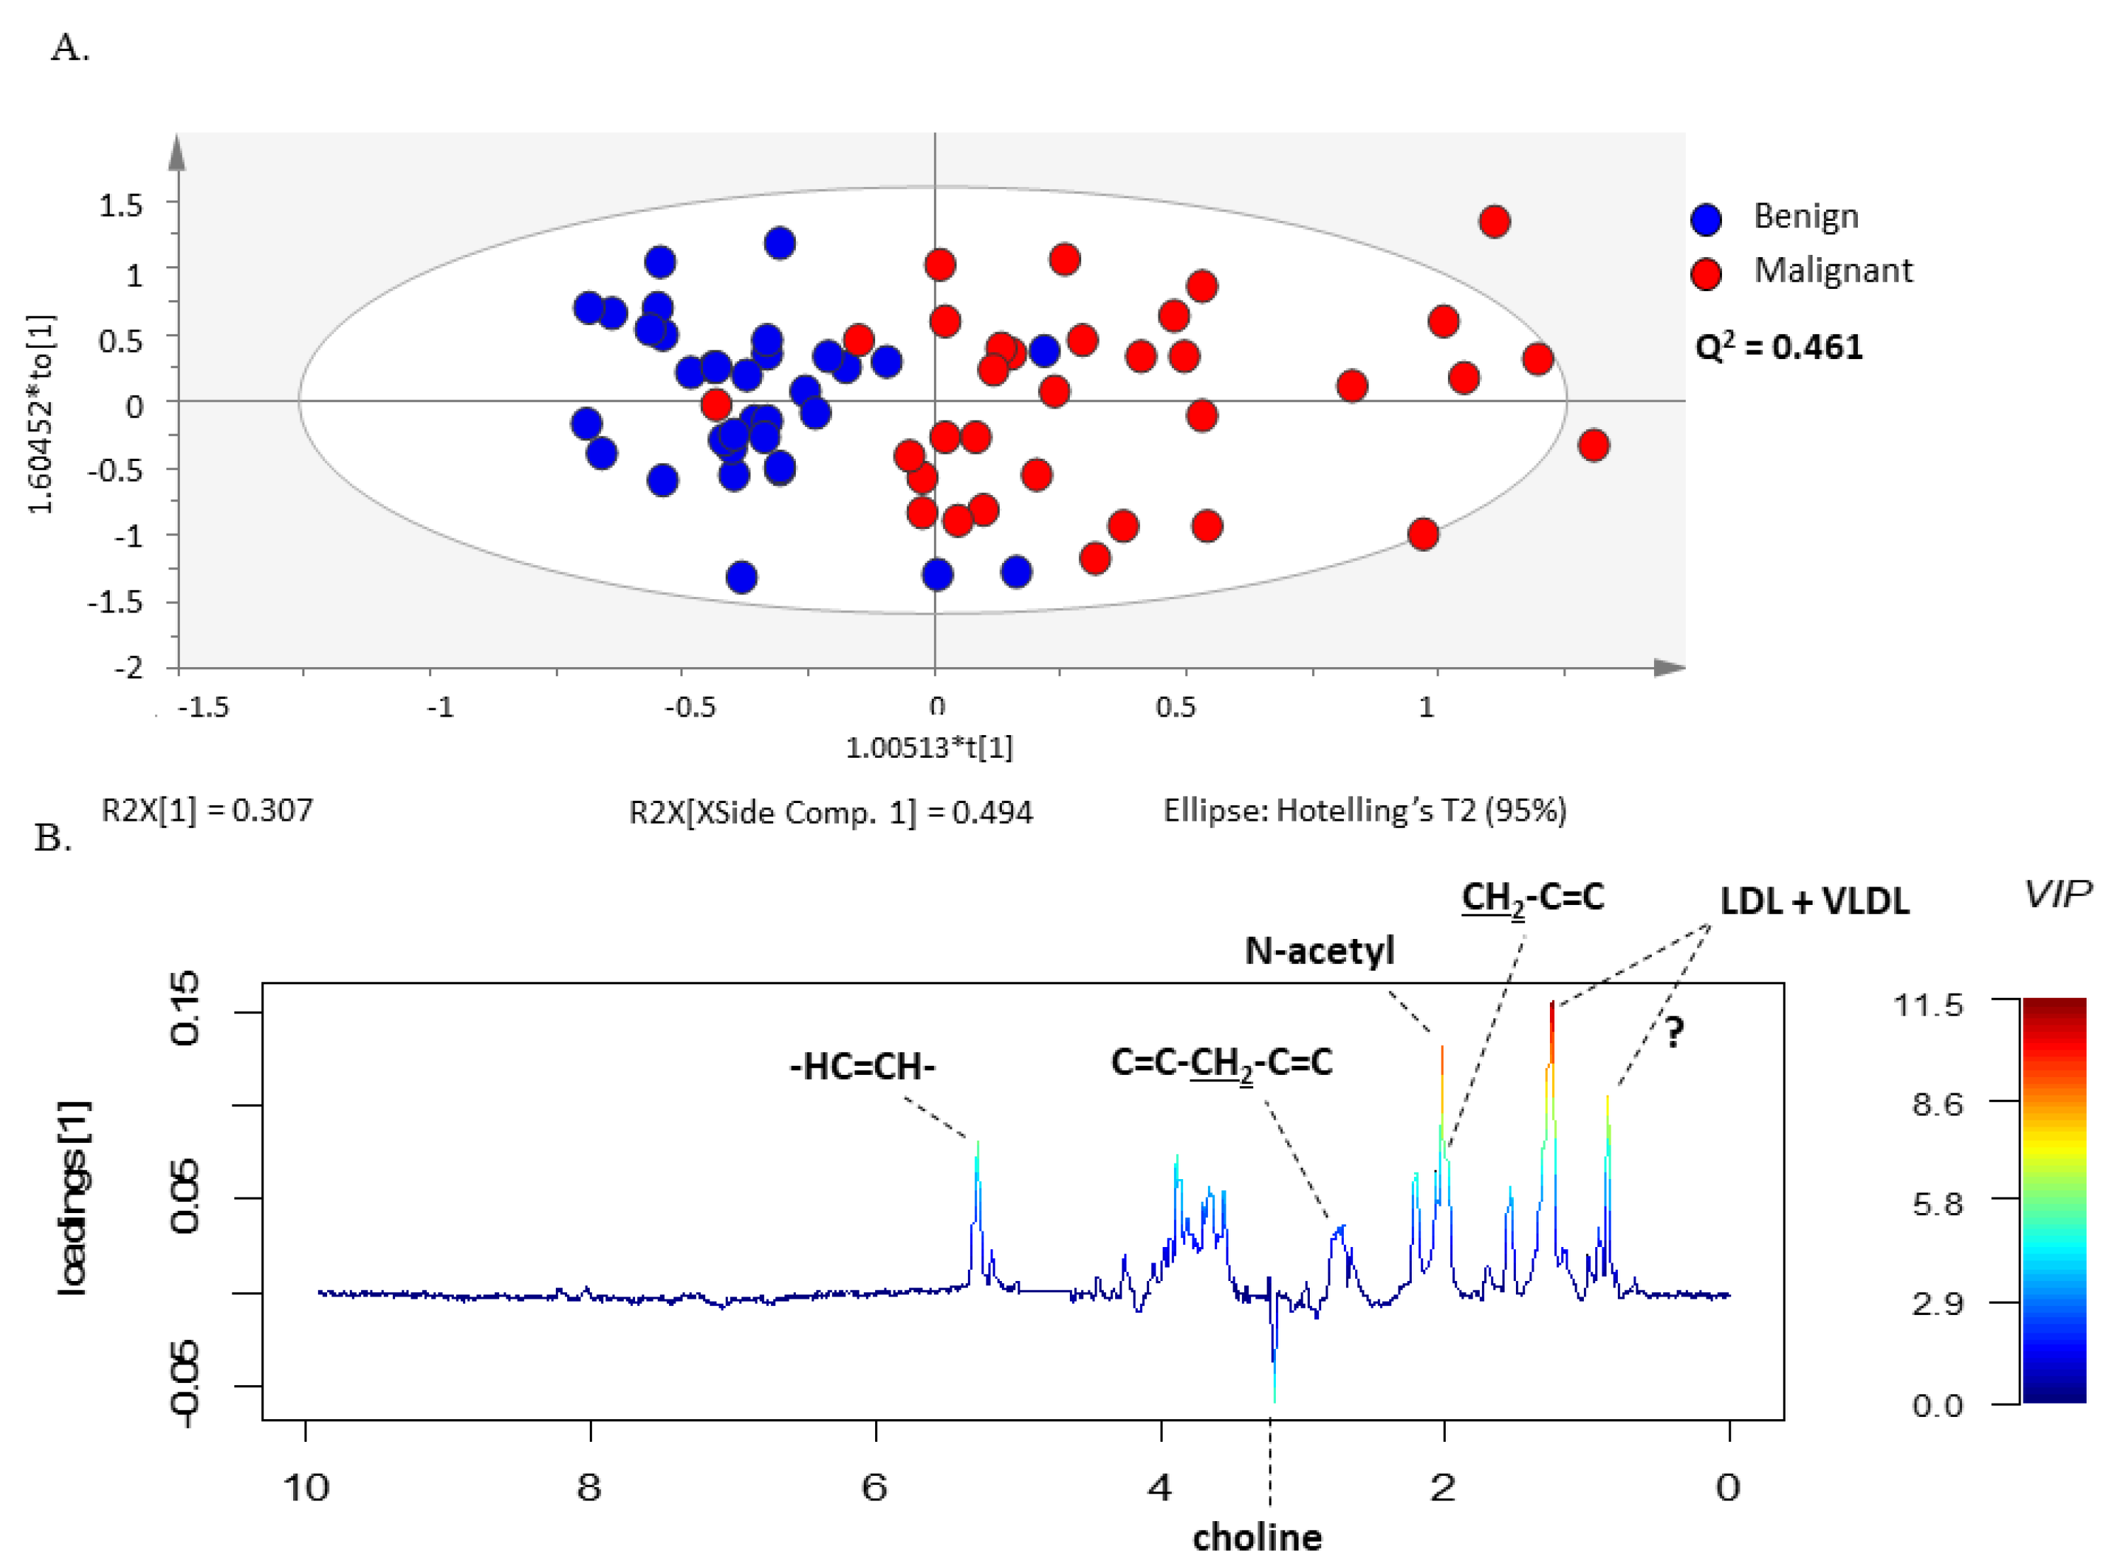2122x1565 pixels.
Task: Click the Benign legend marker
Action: (x=1706, y=219)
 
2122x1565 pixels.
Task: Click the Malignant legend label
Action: (x=1833, y=271)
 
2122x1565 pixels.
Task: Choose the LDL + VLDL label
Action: (x=1813, y=901)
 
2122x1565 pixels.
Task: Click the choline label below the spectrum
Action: (x=1256, y=1537)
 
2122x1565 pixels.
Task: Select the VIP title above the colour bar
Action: (x=2057, y=894)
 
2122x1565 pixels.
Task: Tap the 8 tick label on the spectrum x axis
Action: (x=588, y=1487)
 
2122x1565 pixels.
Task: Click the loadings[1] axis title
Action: (x=74, y=1198)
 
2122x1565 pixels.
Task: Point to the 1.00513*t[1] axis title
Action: (x=928, y=748)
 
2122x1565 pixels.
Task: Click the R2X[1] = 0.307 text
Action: (x=207, y=810)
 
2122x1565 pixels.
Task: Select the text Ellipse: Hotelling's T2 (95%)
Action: (x=1364, y=810)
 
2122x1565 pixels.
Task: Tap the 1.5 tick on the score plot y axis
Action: (x=120, y=205)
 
